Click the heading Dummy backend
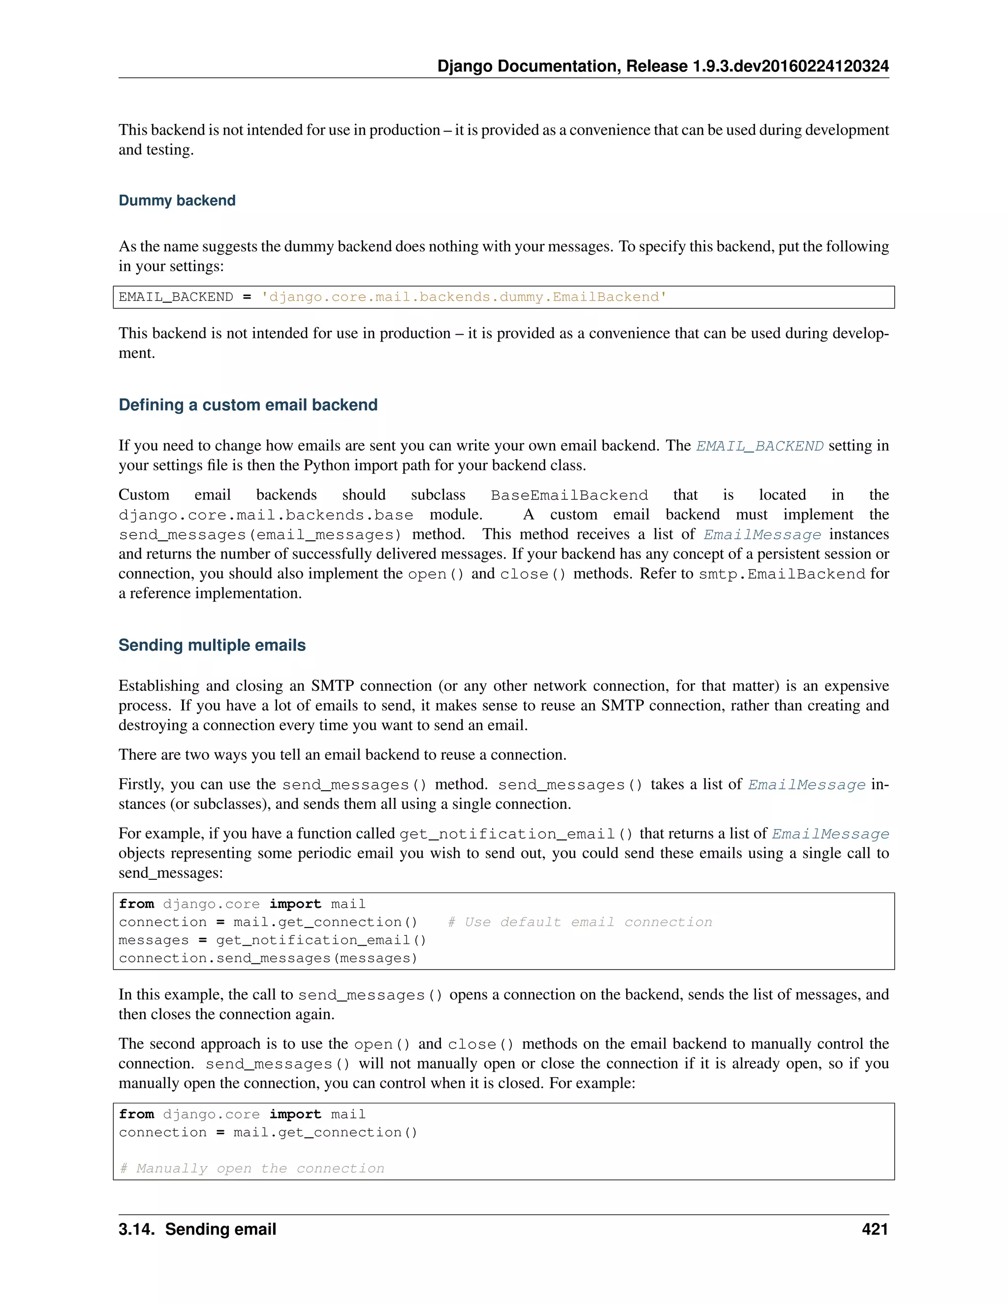177,201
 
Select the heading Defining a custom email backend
248,405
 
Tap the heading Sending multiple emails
212,646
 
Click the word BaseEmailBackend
568,496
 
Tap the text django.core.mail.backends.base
266,515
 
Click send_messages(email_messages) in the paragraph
260,535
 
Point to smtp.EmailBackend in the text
781,574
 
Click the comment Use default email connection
580,923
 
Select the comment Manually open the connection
252,1169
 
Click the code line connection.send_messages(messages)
268,958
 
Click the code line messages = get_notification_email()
272,940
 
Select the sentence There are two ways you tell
342,755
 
